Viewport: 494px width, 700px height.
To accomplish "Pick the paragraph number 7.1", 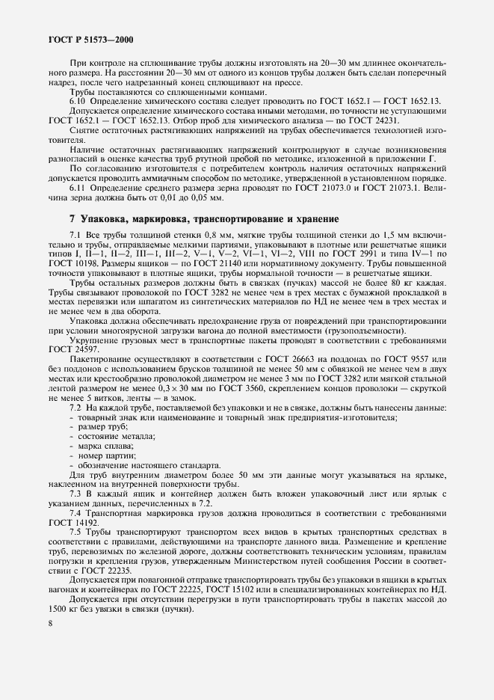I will (76, 236).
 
